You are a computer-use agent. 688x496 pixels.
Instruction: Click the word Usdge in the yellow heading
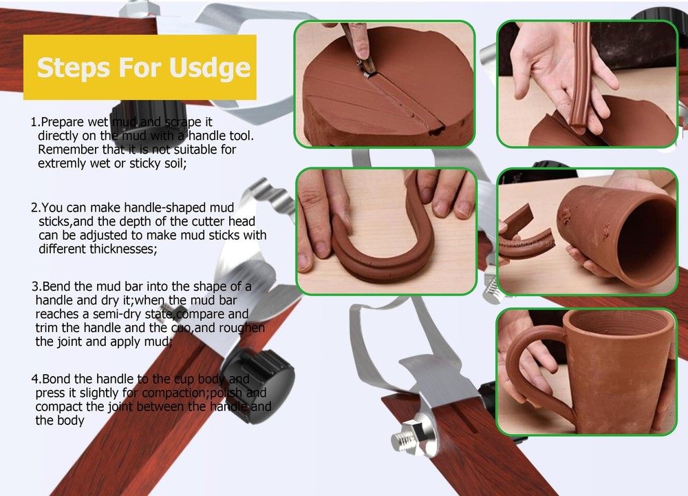click(x=209, y=68)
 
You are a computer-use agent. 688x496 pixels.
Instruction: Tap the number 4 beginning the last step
click(x=34, y=379)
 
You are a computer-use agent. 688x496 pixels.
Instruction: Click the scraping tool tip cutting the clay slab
click(x=365, y=70)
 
